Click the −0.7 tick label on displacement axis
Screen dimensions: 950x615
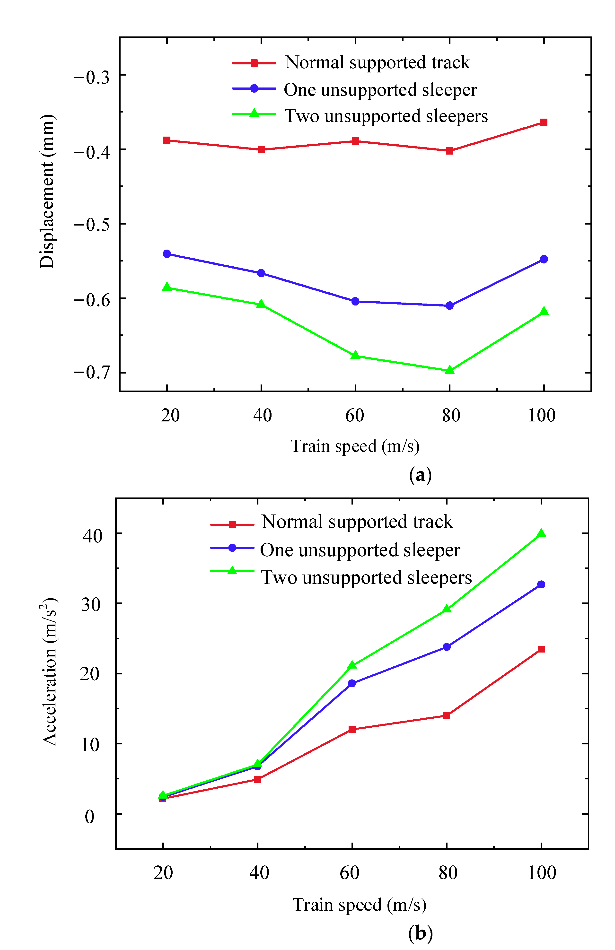tap(92, 372)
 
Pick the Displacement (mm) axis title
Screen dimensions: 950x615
tap(47, 192)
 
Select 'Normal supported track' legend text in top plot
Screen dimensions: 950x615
tap(377, 63)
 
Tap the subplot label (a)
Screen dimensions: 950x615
tap(420, 475)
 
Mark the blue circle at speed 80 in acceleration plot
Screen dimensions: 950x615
tap(447, 647)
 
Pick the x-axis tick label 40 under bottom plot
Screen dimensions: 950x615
tap(259, 872)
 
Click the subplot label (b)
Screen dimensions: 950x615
tap(420, 933)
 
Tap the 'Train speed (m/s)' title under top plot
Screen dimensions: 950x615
tap(355, 446)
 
